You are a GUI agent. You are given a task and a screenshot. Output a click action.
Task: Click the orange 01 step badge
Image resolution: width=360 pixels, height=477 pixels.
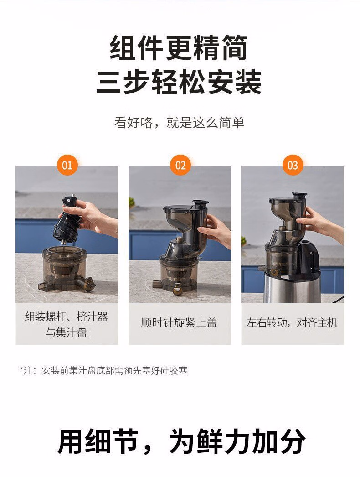67,165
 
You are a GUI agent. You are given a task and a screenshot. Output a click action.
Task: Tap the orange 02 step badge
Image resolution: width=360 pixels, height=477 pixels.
180,165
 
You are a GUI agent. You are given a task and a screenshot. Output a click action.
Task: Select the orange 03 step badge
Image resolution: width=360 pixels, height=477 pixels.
293,165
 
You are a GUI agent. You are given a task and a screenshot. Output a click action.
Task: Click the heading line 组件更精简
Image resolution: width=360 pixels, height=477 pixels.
179,48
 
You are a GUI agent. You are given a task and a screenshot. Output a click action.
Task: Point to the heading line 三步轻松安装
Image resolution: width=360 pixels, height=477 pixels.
179,82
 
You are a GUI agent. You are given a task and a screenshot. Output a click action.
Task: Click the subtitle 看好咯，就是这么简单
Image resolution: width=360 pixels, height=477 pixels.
180,123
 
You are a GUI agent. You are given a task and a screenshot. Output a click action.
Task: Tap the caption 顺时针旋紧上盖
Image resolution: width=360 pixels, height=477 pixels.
179,322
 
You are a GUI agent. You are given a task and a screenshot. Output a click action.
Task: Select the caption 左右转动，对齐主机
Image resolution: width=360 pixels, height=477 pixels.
292,322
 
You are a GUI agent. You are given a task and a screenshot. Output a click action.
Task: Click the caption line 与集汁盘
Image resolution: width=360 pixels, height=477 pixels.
67,332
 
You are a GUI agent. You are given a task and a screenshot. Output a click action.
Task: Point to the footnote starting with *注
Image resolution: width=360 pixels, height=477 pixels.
103,371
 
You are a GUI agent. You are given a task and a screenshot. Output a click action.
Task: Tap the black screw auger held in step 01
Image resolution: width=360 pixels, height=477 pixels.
67,219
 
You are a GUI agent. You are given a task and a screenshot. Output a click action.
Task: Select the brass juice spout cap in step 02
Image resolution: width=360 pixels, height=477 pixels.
178,289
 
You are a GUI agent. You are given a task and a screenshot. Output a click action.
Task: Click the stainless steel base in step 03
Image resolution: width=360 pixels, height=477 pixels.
292,286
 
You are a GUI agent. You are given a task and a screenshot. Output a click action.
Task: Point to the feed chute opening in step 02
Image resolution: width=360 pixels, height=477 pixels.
201,202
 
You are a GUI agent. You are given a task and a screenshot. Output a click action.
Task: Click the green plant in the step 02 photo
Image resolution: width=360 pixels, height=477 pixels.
131,202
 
